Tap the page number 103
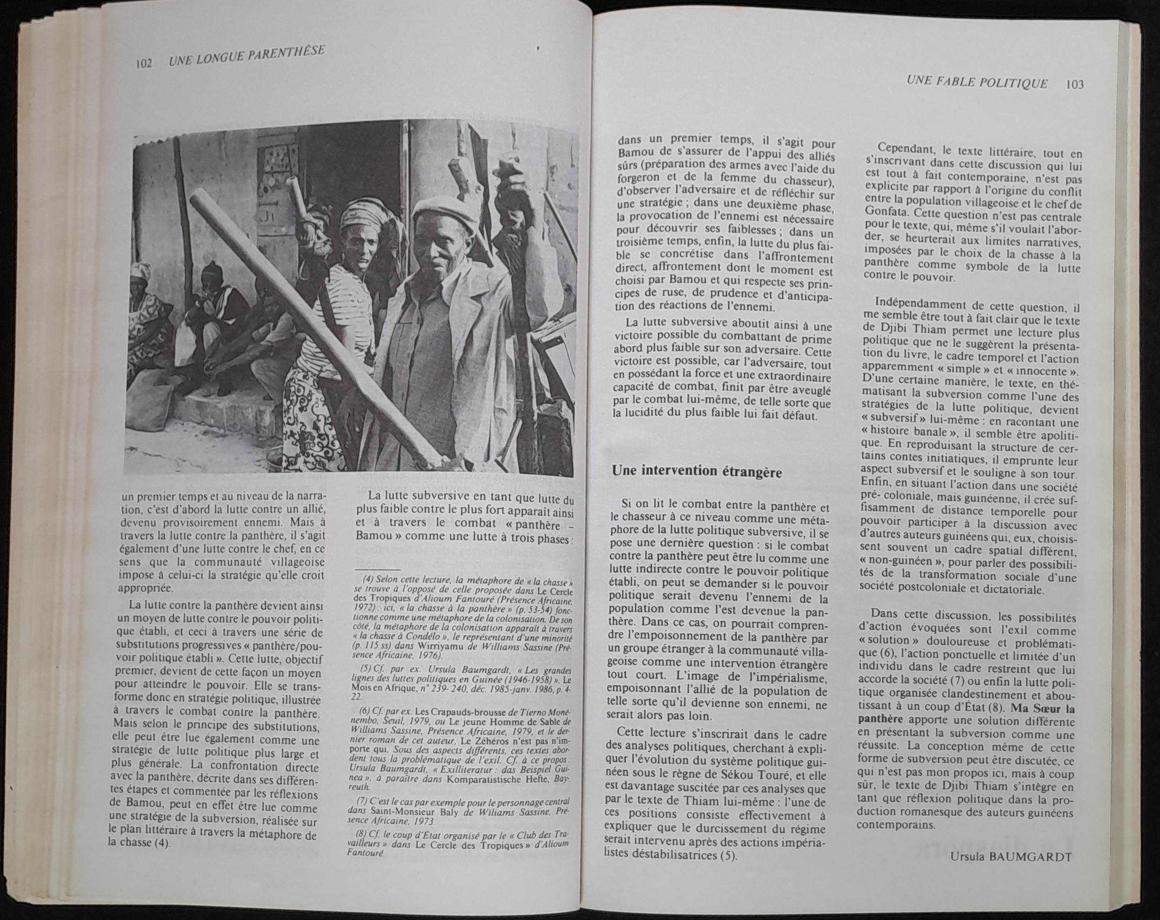[x=1073, y=84]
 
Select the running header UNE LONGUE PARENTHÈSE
[x=246, y=56]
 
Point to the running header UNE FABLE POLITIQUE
[x=977, y=83]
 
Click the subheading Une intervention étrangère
[x=697, y=471]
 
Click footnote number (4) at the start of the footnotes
[x=369, y=580]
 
